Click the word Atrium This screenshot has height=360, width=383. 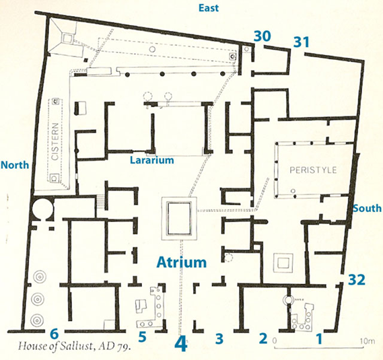point(182,262)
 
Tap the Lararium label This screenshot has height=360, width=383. point(151,160)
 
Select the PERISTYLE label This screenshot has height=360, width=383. point(313,170)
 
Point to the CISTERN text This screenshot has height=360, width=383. point(55,141)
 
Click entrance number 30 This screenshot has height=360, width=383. point(263,36)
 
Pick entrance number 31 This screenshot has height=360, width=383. point(301,42)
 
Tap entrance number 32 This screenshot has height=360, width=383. point(357,280)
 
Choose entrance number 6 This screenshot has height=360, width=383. point(54,334)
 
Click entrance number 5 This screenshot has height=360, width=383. point(142,337)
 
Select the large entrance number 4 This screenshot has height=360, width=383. point(181,344)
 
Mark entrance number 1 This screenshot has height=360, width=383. point(319,338)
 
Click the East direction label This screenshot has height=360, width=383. point(209,8)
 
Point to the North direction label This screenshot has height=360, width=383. point(15,165)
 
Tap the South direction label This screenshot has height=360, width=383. point(367,209)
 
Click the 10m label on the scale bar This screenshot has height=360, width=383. point(368,341)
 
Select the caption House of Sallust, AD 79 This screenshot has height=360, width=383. point(74,346)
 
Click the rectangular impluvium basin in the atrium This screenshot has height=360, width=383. point(179,218)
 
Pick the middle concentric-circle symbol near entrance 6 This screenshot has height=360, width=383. point(38,299)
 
